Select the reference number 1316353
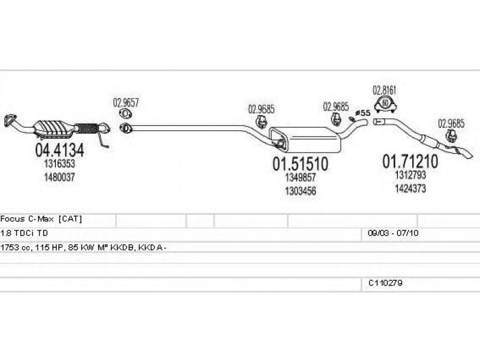click(59, 163)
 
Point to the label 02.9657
click(127, 102)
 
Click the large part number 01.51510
click(301, 163)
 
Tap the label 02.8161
click(385, 91)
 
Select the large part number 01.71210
click(410, 160)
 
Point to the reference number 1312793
click(410, 175)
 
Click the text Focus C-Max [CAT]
click(41, 220)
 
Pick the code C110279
click(385, 281)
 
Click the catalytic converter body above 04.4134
click(58, 128)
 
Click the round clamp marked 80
click(385, 106)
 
